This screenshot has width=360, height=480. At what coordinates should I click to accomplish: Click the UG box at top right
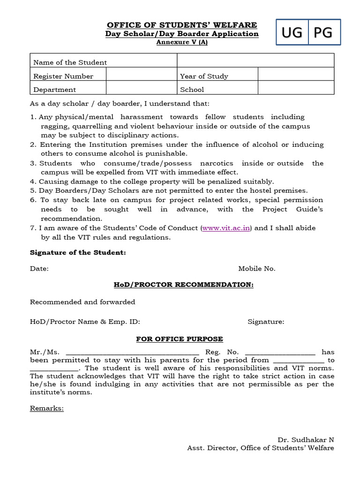(x=292, y=33)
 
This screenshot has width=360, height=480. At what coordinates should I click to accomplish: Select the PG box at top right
(x=323, y=33)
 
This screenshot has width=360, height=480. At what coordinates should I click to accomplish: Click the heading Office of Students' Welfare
(x=182, y=25)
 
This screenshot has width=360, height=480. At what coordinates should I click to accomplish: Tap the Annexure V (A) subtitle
(x=182, y=42)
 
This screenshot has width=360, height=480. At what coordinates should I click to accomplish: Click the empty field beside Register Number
(x=141, y=76)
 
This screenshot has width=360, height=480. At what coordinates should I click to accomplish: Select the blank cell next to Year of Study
(x=296, y=76)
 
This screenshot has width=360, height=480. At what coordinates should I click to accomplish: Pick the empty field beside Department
(x=141, y=89)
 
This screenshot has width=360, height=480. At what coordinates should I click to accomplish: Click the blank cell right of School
(x=296, y=89)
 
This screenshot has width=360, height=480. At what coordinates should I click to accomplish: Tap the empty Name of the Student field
(x=255, y=62)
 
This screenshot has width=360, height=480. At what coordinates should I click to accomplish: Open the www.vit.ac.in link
(x=226, y=228)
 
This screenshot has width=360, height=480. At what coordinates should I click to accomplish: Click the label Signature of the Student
(x=78, y=253)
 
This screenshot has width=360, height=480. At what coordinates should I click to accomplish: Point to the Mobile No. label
(x=257, y=269)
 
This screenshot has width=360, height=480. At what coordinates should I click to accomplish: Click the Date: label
(x=39, y=269)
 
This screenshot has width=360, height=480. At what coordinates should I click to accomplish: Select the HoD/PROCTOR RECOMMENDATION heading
(x=183, y=285)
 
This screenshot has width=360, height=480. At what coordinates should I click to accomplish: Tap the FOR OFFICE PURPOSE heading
(x=180, y=339)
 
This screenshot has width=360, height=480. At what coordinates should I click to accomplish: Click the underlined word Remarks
(x=47, y=408)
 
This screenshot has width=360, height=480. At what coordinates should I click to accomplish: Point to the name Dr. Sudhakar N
(x=306, y=440)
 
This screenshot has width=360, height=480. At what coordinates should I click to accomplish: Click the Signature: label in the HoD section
(x=266, y=322)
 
